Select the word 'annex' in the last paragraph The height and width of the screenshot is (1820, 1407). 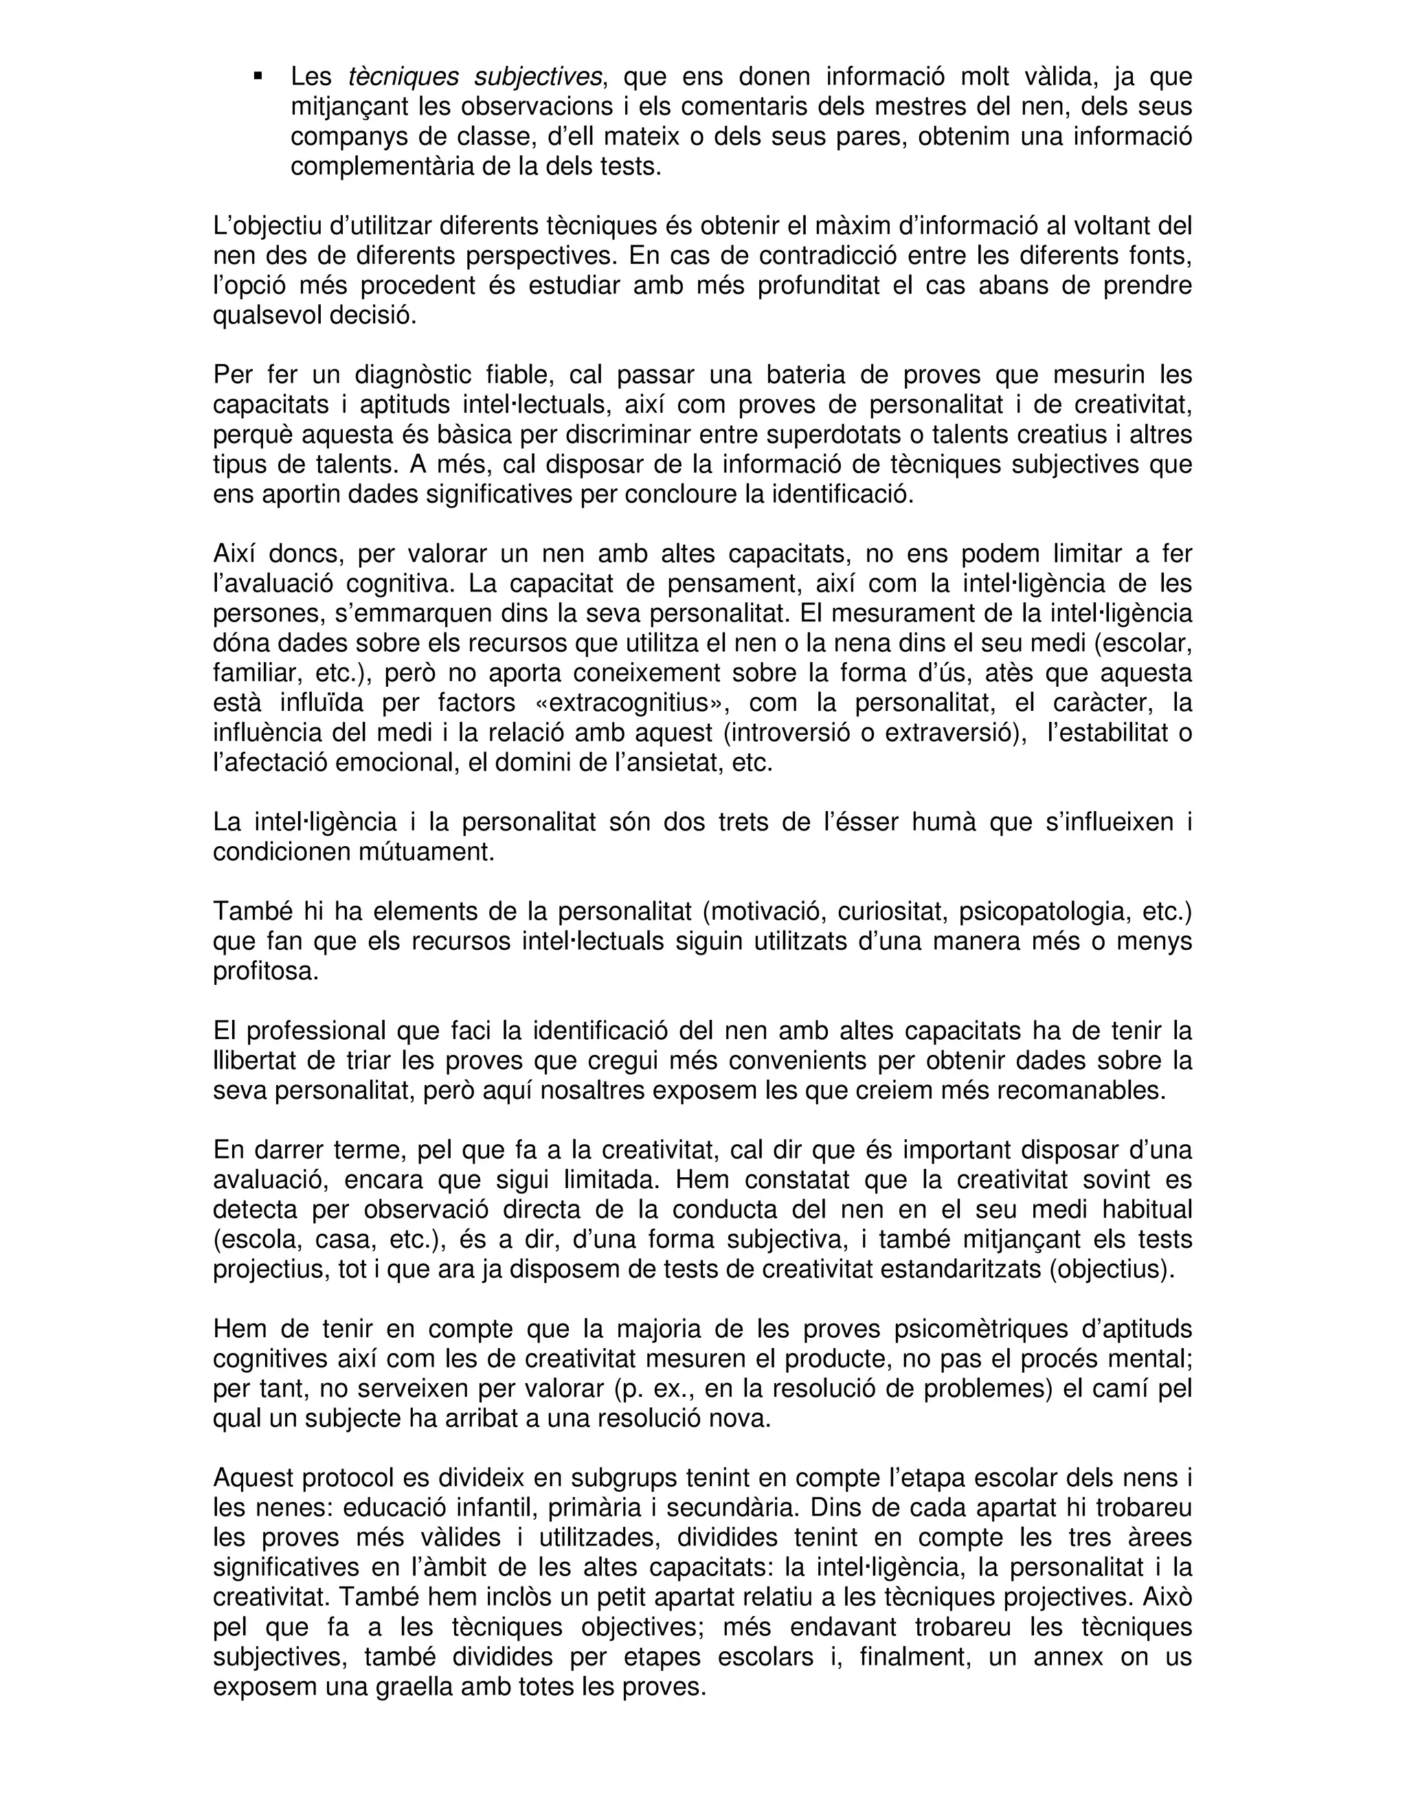click(x=1067, y=1657)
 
